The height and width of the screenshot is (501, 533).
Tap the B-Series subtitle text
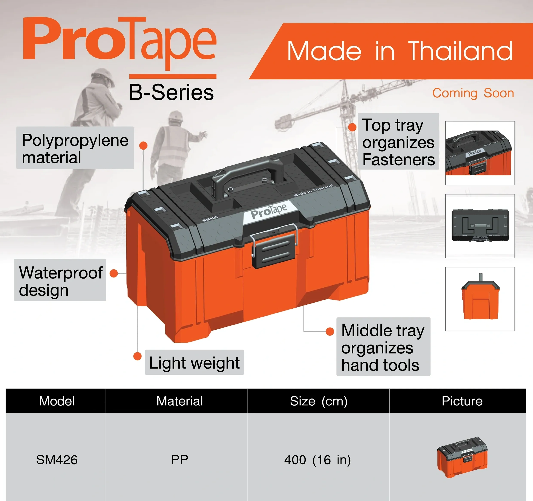[171, 92]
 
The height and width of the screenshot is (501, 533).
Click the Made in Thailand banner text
[400, 51]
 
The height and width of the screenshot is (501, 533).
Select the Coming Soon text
[473, 93]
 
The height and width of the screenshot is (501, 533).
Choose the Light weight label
[194, 362]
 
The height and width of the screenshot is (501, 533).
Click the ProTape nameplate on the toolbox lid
[269, 211]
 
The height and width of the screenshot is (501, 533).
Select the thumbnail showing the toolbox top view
[480, 226]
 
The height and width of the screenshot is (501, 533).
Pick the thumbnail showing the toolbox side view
[480, 299]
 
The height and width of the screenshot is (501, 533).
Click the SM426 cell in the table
[57, 460]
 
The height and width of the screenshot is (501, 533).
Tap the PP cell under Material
[180, 460]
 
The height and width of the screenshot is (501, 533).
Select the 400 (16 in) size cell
[318, 460]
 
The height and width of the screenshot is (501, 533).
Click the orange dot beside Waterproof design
[114, 273]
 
